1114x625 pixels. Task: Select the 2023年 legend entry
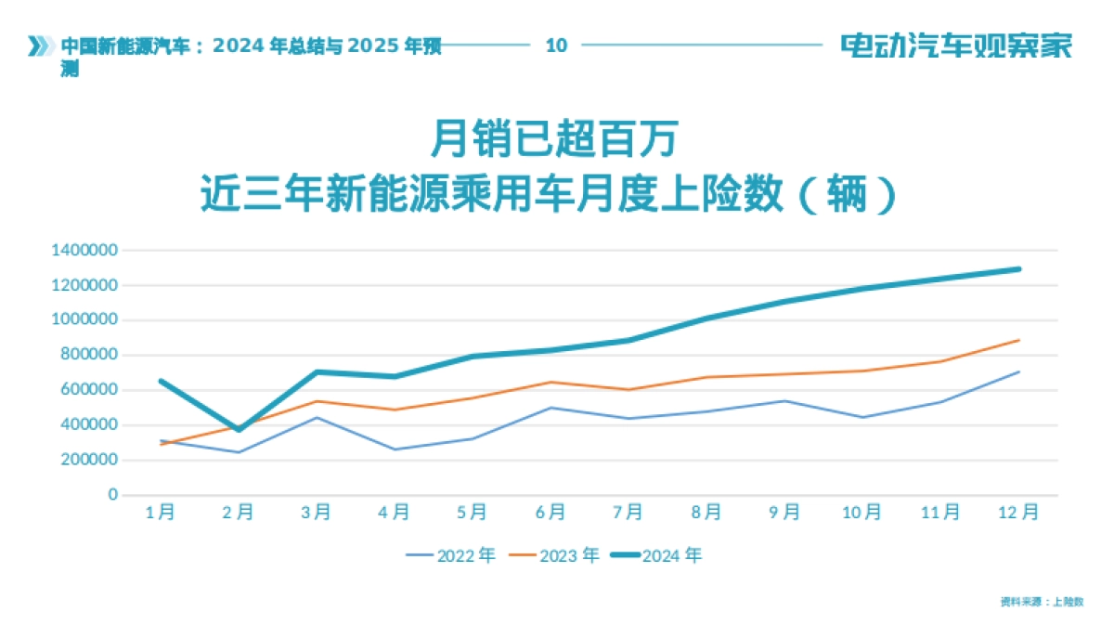pyautogui.click(x=554, y=555)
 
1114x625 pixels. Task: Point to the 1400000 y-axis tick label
pyautogui.click(x=85, y=250)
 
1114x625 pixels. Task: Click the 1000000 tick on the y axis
pyautogui.click(x=85, y=319)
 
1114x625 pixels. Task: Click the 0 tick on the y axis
pyautogui.click(x=113, y=495)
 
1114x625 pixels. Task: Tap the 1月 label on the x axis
pyautogui.click(x=161, y=512)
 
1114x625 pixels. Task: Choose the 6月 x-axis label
pyautogui.click(x=551, y=512)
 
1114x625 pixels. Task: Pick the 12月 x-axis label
pyautogui.click(x=1017, y=512)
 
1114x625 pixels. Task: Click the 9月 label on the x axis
pyautogui.click(x=784, y=512)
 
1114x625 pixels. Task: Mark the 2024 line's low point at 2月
pyautogui.click(x=239, y=429)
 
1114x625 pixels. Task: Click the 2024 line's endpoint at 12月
pyautogui.click(x=1018, y=269)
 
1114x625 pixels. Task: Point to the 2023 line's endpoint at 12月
pyautogui.click(x=1018, y=340)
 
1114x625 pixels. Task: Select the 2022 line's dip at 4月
pyautogui.click(x=395, y=449)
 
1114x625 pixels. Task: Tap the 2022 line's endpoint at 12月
pyautogui.click(x=1018, y=371)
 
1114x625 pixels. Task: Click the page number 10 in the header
pyautogui.click(x=556, y=45)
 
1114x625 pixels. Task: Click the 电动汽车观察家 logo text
pyautogui.click(x=956, y=45)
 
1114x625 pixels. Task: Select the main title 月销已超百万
pyautogui.click(x=556, y=141)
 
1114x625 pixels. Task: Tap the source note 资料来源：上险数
pyautogui.click(x=1042, y=602)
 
